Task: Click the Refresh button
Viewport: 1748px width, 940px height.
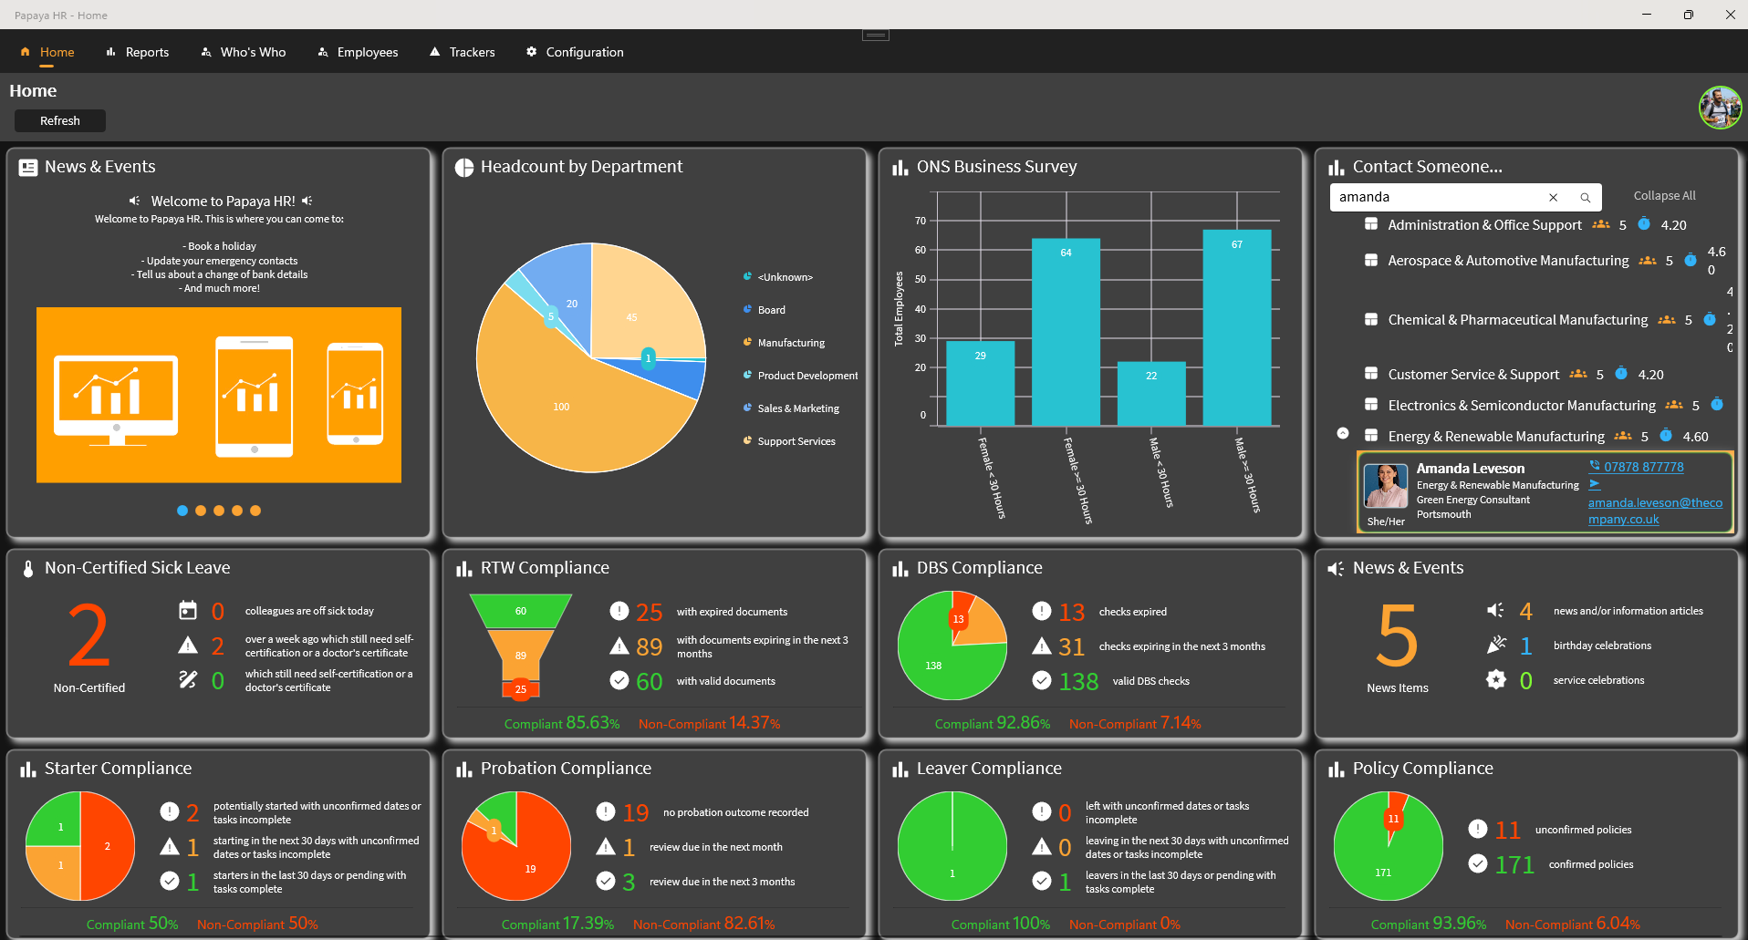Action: tap(60, 120)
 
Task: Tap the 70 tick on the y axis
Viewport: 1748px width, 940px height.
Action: tap(921, 221)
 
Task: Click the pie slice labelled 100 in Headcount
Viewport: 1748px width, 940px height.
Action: tap(561, 407)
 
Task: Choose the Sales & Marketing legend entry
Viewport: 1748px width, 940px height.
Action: tap(797, 408)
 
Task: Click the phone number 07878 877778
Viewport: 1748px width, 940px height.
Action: tap(1643, 467)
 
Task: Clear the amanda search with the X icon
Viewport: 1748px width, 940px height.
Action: tap(1553, 197)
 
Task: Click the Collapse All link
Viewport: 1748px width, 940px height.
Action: tap(1664, 195)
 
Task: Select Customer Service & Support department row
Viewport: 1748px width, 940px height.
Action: tap(1472, 374)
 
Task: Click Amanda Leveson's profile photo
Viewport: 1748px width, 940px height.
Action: tap(1385, 486)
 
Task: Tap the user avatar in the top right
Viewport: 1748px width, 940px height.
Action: tap(1720, 108)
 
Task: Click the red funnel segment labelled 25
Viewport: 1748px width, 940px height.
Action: tap(520, 689)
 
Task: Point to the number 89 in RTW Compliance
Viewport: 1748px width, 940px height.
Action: tap(649, 646)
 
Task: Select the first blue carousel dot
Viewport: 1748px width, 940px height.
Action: tap(182, 511)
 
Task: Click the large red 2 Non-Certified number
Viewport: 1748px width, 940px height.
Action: tap(88, 635)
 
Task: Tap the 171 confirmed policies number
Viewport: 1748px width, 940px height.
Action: tap(1514, 864)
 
